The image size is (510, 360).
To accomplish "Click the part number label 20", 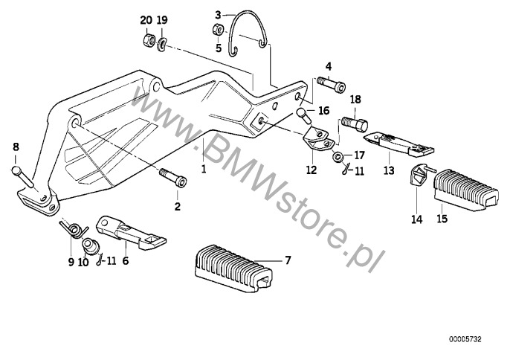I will coord(145,19).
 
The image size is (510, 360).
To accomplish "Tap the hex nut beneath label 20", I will coord(146,39).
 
